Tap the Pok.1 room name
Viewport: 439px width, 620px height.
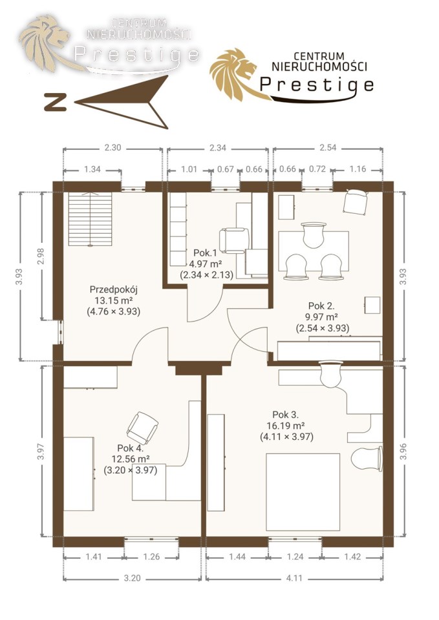point(205,253)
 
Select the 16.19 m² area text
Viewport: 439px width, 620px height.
point(286,426)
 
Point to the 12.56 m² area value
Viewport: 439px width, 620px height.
point(130,459)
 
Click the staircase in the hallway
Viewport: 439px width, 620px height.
point(91,219)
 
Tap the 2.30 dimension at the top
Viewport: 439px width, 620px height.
point(112,148)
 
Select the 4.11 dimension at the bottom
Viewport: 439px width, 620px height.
point(294,578)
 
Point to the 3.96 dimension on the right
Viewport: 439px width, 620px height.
point(403,451)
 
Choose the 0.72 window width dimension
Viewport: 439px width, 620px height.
point(317,169)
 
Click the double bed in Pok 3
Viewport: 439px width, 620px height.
point(303,492)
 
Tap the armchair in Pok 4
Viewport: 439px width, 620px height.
point(142,428)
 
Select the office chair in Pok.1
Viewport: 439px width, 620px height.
point(234,240)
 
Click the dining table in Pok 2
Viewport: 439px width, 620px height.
point(314,251)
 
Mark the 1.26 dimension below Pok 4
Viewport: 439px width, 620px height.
point(151,557)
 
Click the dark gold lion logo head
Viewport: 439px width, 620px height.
point(237,74)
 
